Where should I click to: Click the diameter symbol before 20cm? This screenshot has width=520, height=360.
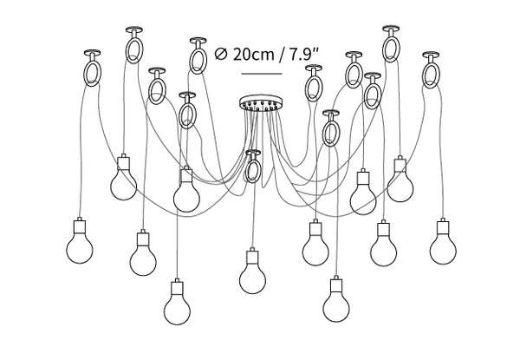pos(220,54)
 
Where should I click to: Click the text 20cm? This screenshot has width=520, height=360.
pos(250,54)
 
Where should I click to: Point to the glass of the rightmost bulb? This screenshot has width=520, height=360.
pos(444,247)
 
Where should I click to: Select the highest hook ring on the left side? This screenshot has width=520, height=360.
pos(134,48)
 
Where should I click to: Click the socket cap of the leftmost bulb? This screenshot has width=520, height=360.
pos(79,225)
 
